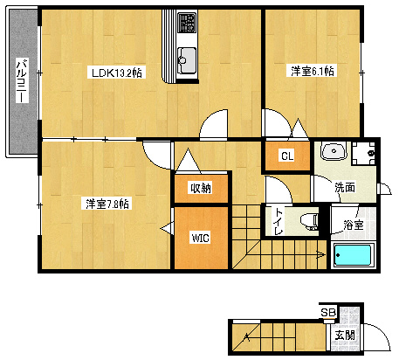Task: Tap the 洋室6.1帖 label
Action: pyautogui.click(x=312, y=72)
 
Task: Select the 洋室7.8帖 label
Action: pyautogui.click(x=107, y=204)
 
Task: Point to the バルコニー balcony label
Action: pyautogui.click(x=22, y=81)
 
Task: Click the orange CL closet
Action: pyautogui.click(x=285, y=156)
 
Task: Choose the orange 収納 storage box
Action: pyautogui.click(x=200, y=187)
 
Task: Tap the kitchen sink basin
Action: pyautogui.click(x=186, y=61)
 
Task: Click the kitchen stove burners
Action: pyautogui.click(x=187, y=22)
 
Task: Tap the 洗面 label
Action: pyautogui.click(x=344, y=187)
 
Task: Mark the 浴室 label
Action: pyautogui.click(x=353, y=224)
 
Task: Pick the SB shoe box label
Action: pyautogui.click(x=327, y=313)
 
